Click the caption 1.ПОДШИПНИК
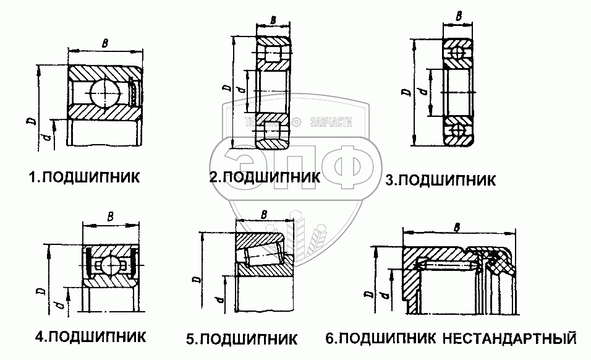85,178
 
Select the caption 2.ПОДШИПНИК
265,177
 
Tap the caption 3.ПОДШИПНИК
440,180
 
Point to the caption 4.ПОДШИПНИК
90,337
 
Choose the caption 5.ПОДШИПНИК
242,339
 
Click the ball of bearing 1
103,95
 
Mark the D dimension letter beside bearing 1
30,121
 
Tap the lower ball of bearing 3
458,131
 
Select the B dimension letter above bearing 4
110,216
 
